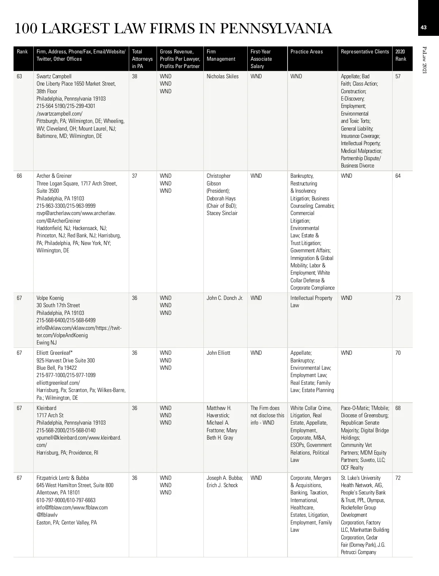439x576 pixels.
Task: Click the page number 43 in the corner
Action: [x=424, y=27]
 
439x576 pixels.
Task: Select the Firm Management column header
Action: [x=221, y=55]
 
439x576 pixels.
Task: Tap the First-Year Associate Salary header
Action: [x=261, y=59]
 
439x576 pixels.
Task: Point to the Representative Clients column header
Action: [x=365, y=52]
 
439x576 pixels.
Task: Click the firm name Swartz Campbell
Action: [x=54, y=76]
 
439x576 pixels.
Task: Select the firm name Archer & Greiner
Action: [x=54, y=176]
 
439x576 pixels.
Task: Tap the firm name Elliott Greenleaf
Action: [x=55, y=353]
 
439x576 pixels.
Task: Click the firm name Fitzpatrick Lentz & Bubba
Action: [x=63, y=478]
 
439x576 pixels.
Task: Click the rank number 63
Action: [x=19, y=76]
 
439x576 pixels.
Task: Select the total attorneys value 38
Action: [x=135, y=76]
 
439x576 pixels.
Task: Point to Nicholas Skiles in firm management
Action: [x=222, y=76]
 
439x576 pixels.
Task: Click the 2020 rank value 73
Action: [x=398, y=298]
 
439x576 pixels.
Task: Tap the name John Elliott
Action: [x=218, y=353]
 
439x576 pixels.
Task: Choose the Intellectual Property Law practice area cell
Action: [x=311, y=302]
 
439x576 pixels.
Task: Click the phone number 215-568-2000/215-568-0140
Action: [x=66, y=430]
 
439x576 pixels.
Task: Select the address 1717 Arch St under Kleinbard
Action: [x=50, y=415]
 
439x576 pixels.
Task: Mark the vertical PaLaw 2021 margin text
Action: [x=424, y=60]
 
